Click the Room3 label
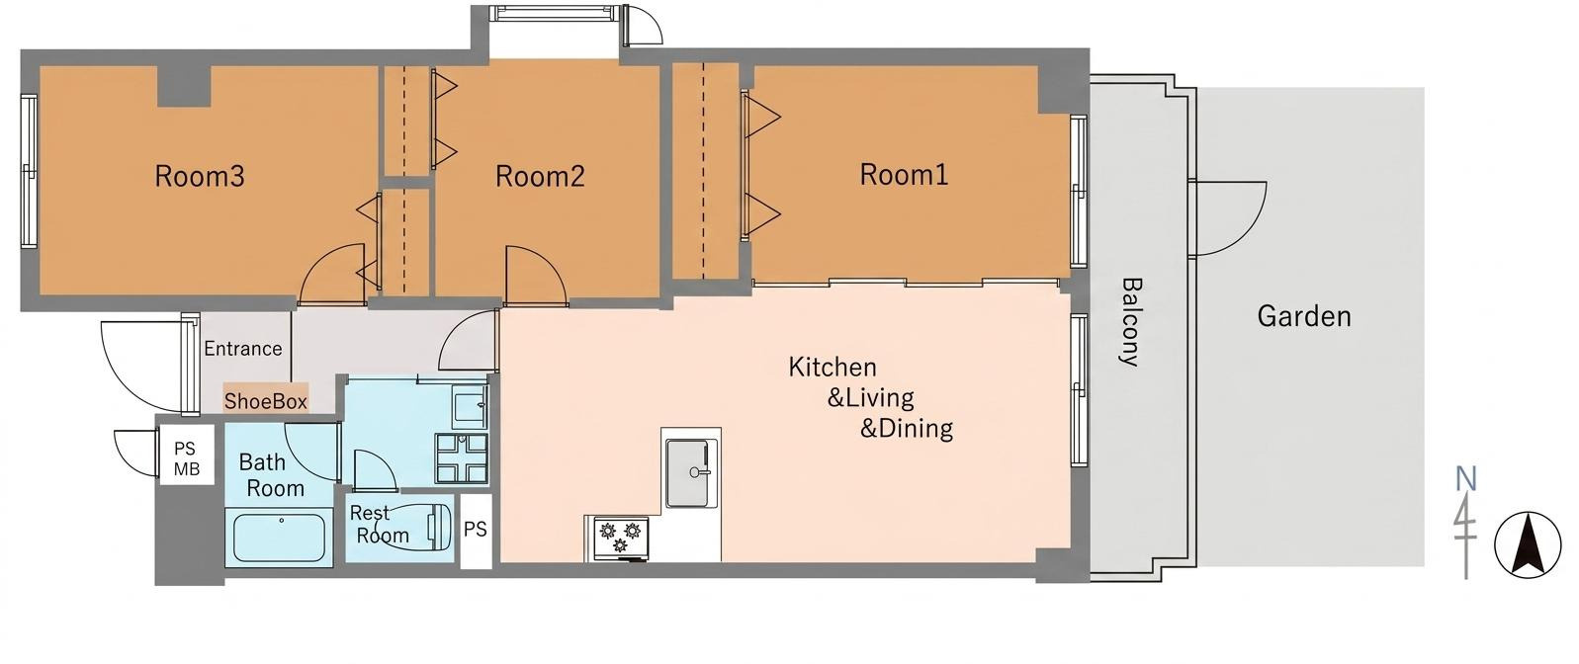(x=200, y=176)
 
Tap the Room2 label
(x=540, y=176)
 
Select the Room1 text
(x=904, y=174)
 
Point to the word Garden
(x=1304, y=316)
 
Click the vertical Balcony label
(x=1130, y=322)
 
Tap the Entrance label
(x=243, y=349)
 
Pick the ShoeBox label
(x=266, y=401)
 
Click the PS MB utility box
(x=187, y=455)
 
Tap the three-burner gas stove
(x=621, y=539)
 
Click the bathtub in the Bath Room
(x=279, y=538)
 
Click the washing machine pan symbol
(x=462, y=458)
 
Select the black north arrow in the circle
(x=1528, y=545)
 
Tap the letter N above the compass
(x=1466, y=479)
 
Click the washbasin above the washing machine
(x=470, y=406)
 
